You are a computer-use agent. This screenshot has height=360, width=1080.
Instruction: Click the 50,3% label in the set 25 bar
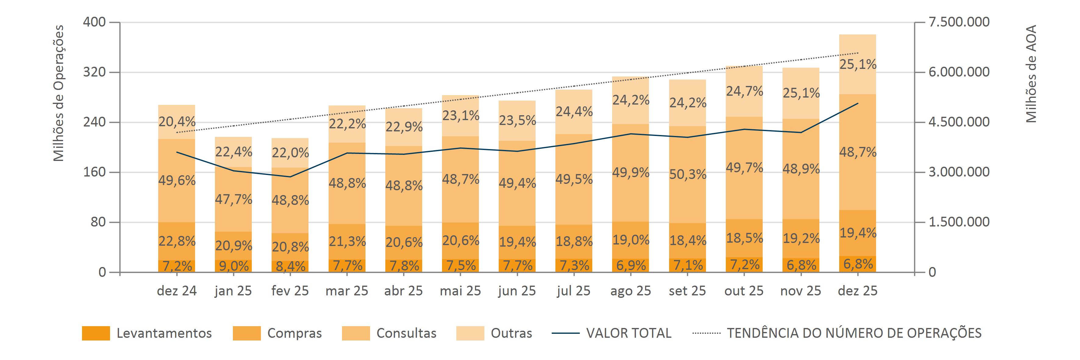pyautogui.click(x=688, y=174)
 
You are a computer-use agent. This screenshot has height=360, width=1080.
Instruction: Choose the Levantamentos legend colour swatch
pyautogui.click(x=96, y=333)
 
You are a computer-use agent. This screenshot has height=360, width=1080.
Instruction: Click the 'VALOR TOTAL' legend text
pyautogui.click(x=629, y=333)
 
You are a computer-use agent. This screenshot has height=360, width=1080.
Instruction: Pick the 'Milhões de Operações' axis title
pyautogui.click(x=59, y=93)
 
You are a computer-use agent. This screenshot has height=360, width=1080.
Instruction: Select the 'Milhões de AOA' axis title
pyautogui.click(x=1031, y=74)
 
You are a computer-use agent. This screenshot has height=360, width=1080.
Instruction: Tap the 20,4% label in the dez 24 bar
pyautogui.click(x=177, y=122)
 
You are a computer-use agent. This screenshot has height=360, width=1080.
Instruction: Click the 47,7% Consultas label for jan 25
pyautogui.click(x=233, y=199)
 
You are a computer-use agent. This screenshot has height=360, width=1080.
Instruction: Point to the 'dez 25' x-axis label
pyautogui.click(x=857, y=291)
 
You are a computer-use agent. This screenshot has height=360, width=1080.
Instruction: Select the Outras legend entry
pyautogui.click(x=511, y=333)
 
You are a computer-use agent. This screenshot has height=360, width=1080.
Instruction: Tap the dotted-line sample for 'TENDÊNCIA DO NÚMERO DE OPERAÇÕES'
pyautogui.click(x=707, y=333)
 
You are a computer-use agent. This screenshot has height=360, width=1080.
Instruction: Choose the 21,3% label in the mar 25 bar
pyautogui.click(x=347, y=242)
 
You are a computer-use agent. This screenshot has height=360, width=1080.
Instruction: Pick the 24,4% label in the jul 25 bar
pyautogui.click(x=574, y=112)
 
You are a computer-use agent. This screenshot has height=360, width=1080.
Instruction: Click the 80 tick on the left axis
pyautogui.click(x=98, y=222)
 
